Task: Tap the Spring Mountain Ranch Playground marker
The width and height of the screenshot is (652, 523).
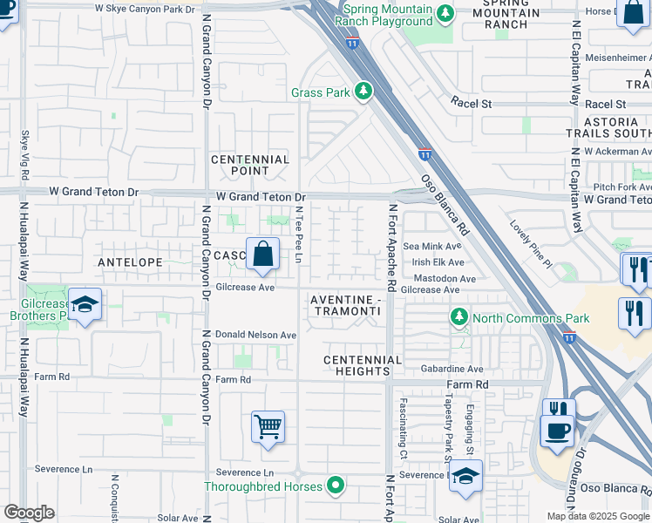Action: tap(445, 13)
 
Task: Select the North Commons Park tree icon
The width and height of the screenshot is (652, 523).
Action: tap(458, 317)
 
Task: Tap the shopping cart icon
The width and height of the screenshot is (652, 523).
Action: tap(268, 427)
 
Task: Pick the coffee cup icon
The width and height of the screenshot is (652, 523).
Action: tap(556, 430)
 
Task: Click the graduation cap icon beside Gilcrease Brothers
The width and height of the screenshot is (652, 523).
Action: tap(85, 305)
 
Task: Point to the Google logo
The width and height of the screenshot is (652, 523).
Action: tap(29, 513)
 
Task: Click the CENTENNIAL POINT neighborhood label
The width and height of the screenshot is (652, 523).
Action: tap(250, 165)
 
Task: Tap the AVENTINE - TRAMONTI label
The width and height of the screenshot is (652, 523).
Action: tap(345, 305)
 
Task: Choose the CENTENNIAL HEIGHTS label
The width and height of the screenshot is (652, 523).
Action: tap(363, 365)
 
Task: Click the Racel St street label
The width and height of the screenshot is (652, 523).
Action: tap(471, 103)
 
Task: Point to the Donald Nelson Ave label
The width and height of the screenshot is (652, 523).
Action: tap(256, 335)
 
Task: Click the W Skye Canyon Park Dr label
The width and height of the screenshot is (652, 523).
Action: tap(145, 10)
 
